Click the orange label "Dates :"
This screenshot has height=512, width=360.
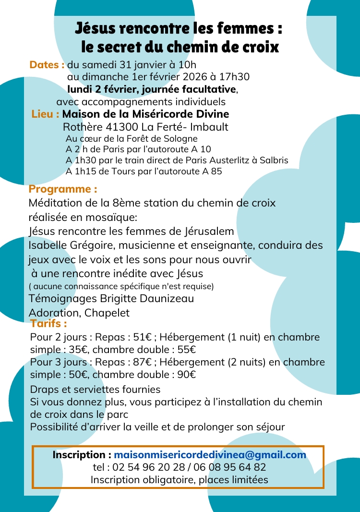pos(47,65)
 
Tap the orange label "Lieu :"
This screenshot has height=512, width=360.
pos(46,114)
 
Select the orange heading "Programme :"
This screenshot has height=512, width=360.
pos(63,189)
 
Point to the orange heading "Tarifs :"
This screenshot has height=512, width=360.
pos(48,324)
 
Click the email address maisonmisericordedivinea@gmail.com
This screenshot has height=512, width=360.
pos(210,455)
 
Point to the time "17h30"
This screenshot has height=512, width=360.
pos(236,77)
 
